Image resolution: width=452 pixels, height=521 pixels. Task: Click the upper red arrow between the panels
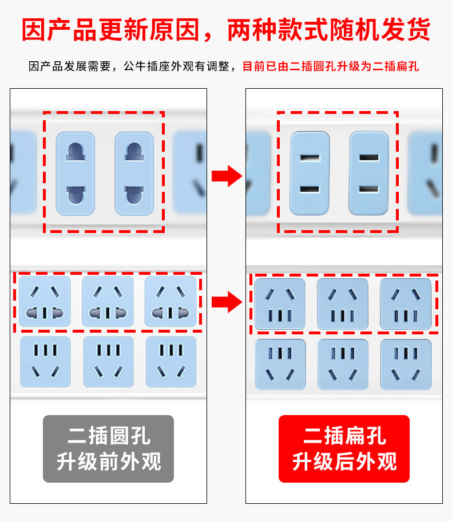[x=227, y=176]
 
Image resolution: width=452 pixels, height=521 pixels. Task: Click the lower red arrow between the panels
[x=227, y=302]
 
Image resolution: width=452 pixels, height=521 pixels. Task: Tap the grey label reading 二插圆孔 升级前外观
[x=108, y=448]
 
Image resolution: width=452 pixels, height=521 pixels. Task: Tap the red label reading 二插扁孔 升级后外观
[x=344, y=448]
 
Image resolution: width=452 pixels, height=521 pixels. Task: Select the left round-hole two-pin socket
[x=76, y=173]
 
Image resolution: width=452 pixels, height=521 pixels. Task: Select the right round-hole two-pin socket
[x=134, y=173]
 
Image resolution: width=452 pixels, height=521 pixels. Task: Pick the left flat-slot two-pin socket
[x=310, y=173]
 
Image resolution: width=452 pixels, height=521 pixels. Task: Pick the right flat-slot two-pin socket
[x=368, y=173]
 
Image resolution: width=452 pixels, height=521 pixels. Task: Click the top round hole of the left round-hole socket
[x=76, y=152]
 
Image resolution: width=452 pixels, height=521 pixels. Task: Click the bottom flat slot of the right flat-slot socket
[x=368, y=189]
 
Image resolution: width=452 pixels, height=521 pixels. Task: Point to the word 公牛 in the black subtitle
[x=135, y=66]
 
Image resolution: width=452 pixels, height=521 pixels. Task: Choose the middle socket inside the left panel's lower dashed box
[x=108, y=301]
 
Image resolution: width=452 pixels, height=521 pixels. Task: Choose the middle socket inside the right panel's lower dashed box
[x=343, y=303]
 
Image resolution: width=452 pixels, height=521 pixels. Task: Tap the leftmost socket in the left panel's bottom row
[x=46, y=362]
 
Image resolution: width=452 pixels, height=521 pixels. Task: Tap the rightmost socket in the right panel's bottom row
[x=406, y=365]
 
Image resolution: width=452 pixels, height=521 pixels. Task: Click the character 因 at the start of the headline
[x=34, y=30]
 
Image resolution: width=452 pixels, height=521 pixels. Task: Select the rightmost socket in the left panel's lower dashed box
[x=171, y=301]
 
